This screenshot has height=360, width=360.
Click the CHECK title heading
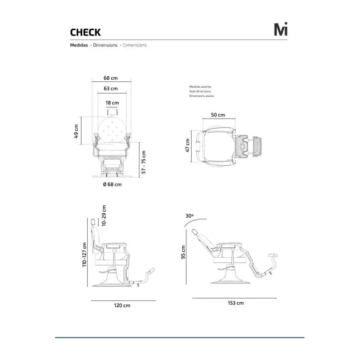coord(85,32)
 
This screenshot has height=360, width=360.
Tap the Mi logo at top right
coord(281,29)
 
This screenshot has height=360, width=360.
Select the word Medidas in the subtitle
coord(79,45)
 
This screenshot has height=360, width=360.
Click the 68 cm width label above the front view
coord(111,78)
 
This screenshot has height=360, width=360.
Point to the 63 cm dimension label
coord(111,89)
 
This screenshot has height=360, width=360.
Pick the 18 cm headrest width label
coord(112,103)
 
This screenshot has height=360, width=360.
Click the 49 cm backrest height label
coord(76,131)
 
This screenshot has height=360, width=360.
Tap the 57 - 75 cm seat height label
coord(144,162)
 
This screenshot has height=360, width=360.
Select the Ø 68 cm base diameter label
coord(112,184)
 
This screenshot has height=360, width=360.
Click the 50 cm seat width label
coord(218,115)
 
